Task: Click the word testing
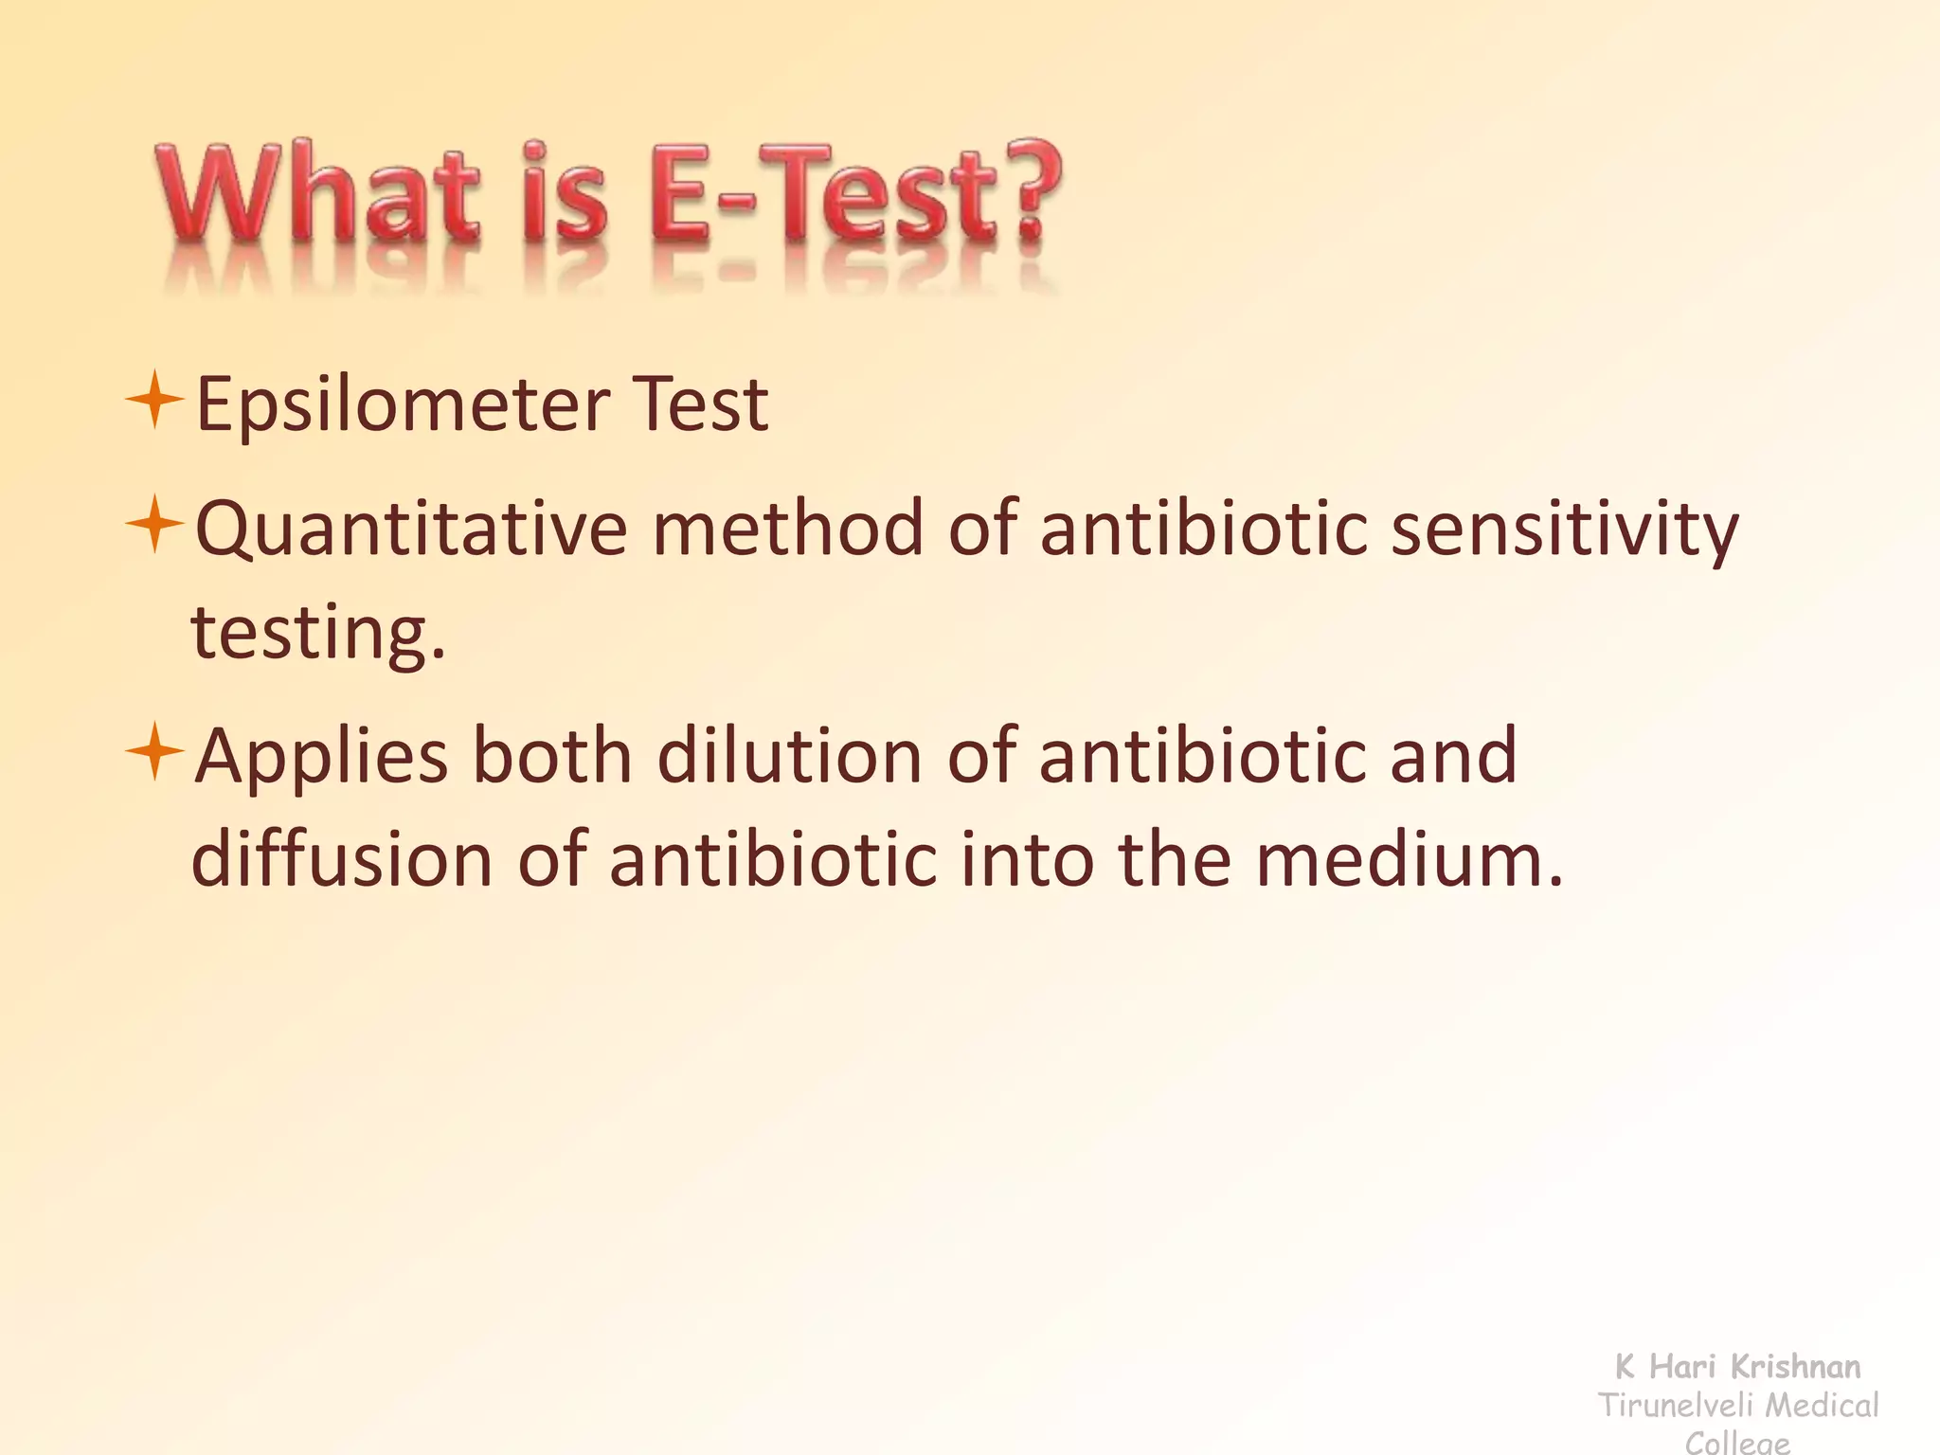[x=317, y=633]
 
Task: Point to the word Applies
[x=321, y=759]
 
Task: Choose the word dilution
[x=789, y=757]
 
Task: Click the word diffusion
[x=342, y=861]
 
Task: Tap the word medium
[x=1409, y=859]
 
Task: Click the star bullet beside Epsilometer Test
[x=153, y=401]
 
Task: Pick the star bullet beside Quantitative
[x=153, y=524]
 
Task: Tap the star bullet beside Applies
[x=153, y=752]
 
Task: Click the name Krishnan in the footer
[x=1795, y=1367]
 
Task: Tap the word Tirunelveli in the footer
[x=1673, y=1406]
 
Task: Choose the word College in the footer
[x=1738, y=1443]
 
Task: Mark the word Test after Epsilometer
[x=700, y=405]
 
